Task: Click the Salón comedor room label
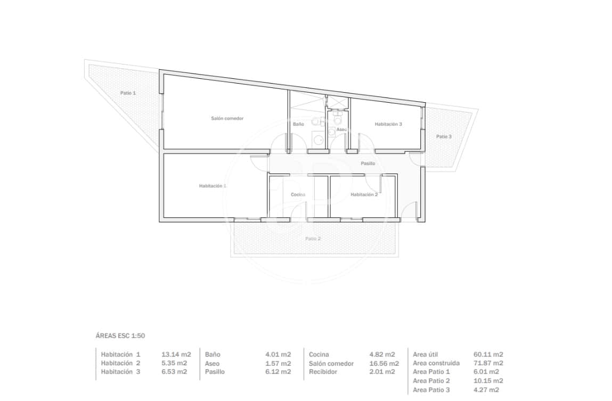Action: coord(227,118)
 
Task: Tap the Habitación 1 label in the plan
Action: coord(213,186)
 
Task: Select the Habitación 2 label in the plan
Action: coord(364,194)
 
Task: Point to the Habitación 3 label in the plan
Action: coord(388,124)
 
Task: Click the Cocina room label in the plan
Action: coord(298,194)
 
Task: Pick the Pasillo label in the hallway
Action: coord(368,163)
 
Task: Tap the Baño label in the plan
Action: coord(298,124)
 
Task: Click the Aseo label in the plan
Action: coord(341,129)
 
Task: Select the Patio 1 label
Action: coord(128,93)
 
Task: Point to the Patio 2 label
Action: coord(313,238)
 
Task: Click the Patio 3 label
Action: coord(444,136)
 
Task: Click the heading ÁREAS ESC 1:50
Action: coord(120,335)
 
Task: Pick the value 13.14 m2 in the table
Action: coord(176,354)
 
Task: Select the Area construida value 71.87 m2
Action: coord(488,363)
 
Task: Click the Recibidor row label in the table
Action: coord(323,372)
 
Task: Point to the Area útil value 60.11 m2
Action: coord(488,354)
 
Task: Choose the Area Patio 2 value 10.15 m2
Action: coord(488,381)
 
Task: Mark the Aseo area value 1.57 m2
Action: coord(278,363)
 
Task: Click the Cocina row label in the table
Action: coord(319,354)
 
